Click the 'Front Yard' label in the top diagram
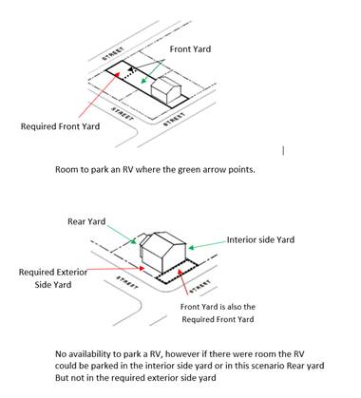click(x=190, y=49)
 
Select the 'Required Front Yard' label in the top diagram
click(x=60, y=126)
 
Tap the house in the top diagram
click(x=166, y=90)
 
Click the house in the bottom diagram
click(x=162, y=253)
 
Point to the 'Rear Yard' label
click(x=86, y=221)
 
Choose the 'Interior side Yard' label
click(x=260, y=239)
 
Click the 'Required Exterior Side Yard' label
click(x=53, y=278)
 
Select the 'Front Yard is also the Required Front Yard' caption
click(x=218, y=313)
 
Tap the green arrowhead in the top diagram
click(x=144, y=81)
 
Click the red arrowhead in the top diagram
click(x=118, y=75)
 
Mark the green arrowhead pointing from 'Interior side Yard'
click(x=191, y=248)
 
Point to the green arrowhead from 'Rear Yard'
click(x=134, y=241)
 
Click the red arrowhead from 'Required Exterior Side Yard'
click(x=142, y=269)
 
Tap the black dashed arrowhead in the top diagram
click(x=132, y=70)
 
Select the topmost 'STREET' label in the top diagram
click(x=113, y=54)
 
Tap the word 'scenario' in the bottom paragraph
click(x=268, y=366)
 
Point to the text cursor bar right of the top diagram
click(x=283, y=151)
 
